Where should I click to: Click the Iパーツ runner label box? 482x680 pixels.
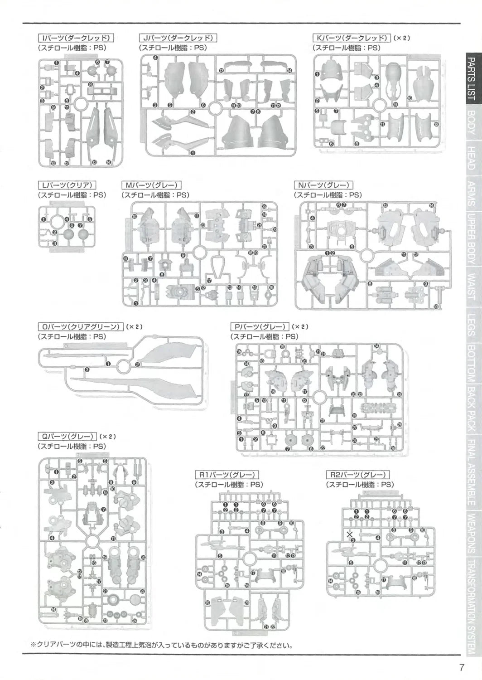pos(76,38)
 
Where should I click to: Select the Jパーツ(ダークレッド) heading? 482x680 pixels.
pos(178,38)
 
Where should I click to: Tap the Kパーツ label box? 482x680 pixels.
pos(352,38)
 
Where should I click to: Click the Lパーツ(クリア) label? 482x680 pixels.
pos(67,185)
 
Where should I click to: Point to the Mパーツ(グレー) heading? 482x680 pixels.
pos(151,185)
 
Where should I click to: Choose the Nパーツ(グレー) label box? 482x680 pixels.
pos(323,185)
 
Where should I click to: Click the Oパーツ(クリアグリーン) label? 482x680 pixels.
pos(80,326)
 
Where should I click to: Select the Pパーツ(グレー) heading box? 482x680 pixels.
pos(260,326)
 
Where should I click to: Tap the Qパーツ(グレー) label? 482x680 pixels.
pos(67,436)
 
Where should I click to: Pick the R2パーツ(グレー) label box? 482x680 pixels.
pos(358,475)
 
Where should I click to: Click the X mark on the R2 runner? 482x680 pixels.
pos(350,534)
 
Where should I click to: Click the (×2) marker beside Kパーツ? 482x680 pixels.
pos(402,38)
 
